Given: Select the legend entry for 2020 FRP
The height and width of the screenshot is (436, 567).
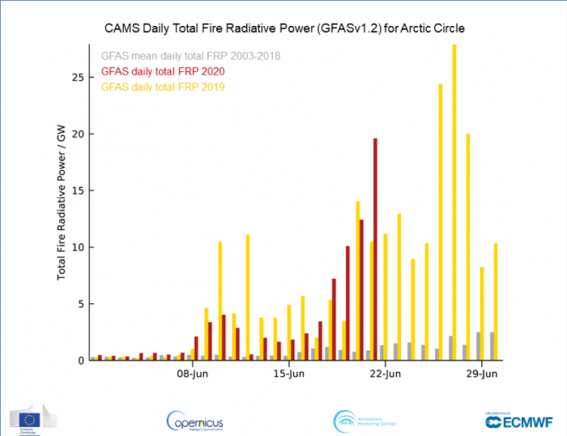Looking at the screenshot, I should (162, 71).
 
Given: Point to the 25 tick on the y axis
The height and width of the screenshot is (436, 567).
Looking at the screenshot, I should (78, 77).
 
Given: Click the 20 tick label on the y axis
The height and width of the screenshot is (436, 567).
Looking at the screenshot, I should (78, 134).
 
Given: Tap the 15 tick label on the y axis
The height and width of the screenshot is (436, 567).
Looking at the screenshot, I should (78, 190).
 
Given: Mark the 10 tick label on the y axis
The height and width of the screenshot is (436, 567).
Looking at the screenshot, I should (78, 247).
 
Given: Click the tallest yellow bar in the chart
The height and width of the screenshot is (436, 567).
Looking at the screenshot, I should (454, 203).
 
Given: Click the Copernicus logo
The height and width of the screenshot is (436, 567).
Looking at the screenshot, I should (194, 420).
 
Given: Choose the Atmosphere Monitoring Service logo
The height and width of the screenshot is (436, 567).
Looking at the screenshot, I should (364, 420).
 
